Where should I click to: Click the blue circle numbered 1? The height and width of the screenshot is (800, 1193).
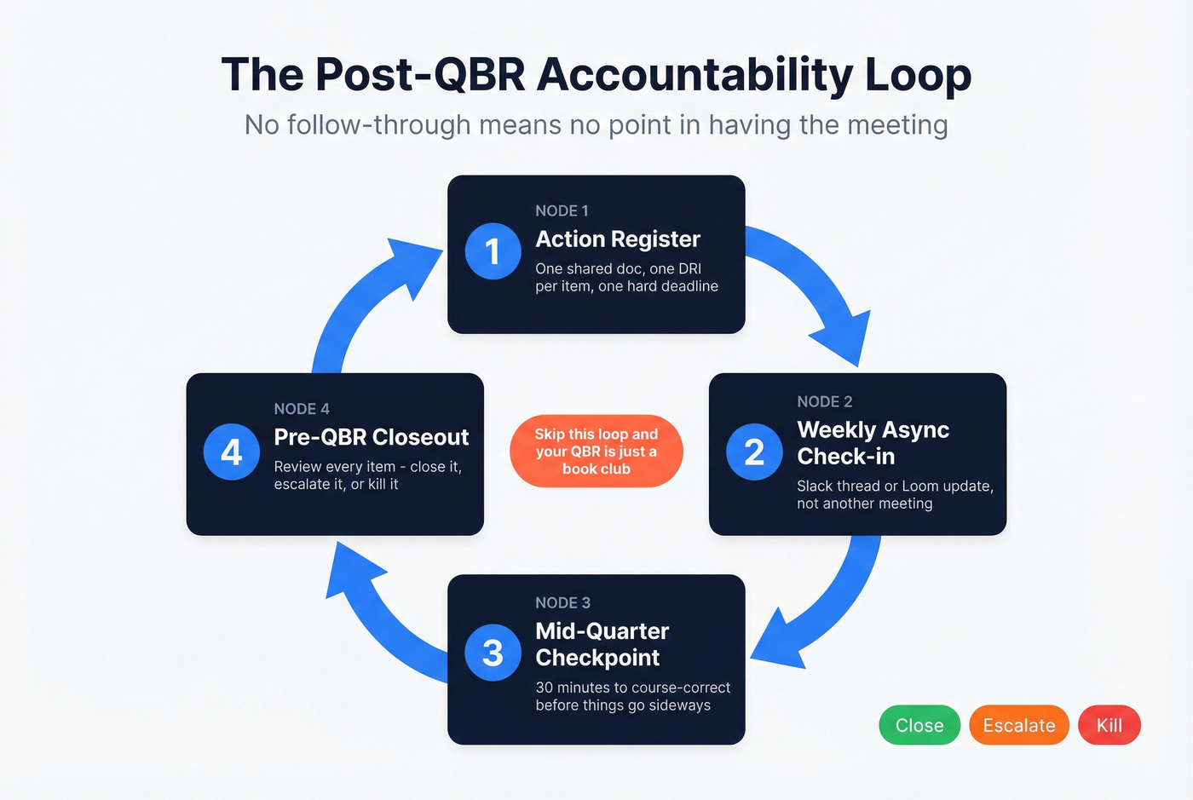[x=493, y=251]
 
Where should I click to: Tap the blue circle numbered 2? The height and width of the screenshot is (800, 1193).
[x=754, y=452]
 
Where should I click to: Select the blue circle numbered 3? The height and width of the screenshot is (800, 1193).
[x=493, y=653]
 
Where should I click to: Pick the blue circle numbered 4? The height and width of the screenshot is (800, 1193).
[x=231, y=452]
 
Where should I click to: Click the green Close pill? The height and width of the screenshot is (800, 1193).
[x=919, y=725]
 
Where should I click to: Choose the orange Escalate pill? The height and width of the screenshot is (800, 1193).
[x=1018, y=725]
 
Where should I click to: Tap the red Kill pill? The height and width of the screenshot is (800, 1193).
[x=1109, y=725]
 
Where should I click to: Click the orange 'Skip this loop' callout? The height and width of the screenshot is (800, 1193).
[x=596, y=452]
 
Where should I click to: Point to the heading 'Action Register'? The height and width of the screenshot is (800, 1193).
[x=618, y=239]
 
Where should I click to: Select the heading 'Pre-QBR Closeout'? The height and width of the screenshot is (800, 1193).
[x=372, y=437]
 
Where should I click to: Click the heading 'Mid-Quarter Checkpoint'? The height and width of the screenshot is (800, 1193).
[x=602, y=644]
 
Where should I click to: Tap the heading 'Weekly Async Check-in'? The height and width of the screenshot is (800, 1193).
[x=873, y=443]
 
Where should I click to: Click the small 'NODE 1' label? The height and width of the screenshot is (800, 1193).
[x=562, y=210]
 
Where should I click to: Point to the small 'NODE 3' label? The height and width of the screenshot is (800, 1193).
[x=562, y=602]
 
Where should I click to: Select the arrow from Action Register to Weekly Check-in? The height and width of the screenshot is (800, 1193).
[x=818, y=290]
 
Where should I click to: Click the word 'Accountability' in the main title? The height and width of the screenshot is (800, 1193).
[x=694, y=75]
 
